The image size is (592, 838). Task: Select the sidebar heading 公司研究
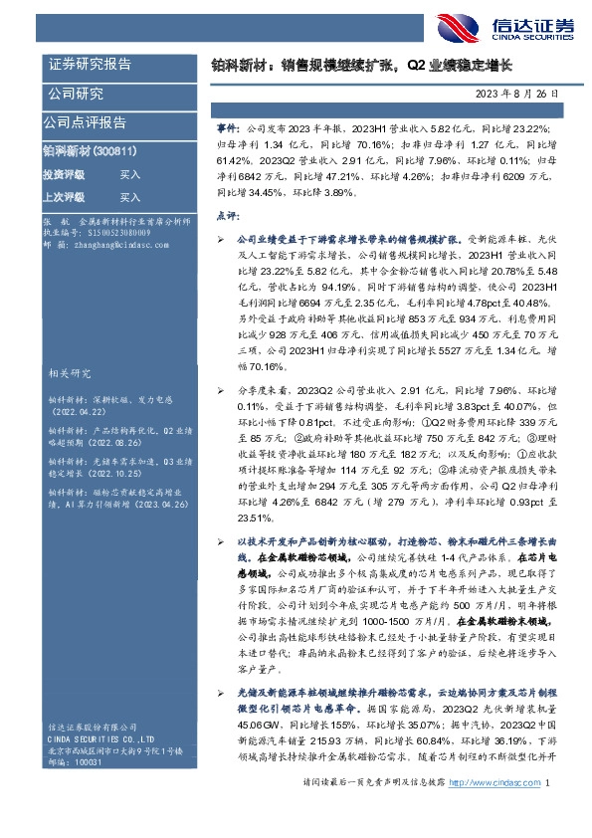(x=76, y=95)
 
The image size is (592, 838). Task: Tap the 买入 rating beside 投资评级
(x=129, y=174)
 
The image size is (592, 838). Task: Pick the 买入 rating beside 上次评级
(x=129, y=197)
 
